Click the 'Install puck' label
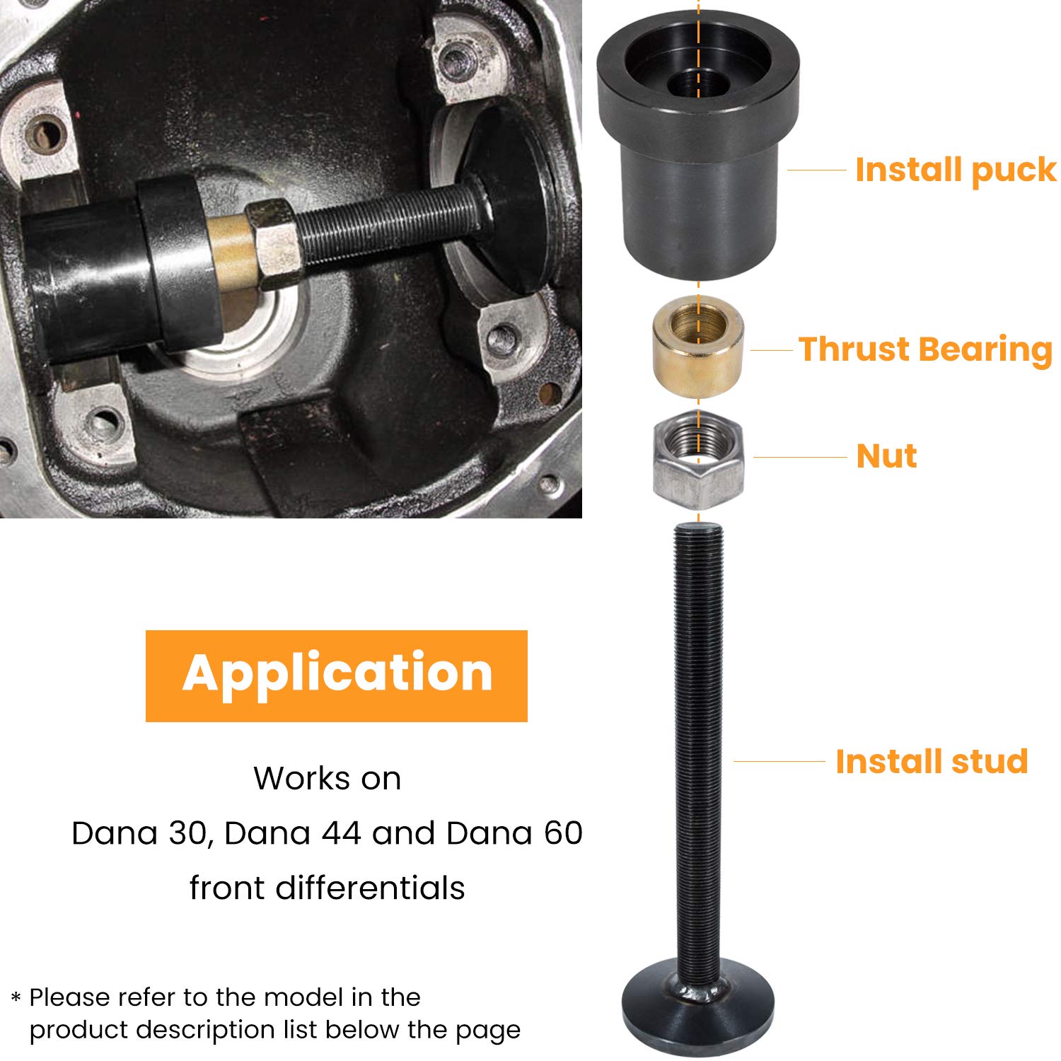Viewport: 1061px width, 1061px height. [955, 170]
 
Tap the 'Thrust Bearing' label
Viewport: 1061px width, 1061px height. [925, 349]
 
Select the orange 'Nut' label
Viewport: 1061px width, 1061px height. [886, 456]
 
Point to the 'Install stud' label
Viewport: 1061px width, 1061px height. [931, 762]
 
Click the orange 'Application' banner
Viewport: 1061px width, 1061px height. [337, 676]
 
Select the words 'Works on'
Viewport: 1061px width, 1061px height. [327, 779]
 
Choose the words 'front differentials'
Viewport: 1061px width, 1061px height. [327, 888]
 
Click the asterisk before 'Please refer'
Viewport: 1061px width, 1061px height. [16, 998]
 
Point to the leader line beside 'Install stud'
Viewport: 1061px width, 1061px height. [779, 762]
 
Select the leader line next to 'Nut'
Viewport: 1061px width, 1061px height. [800, 457]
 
